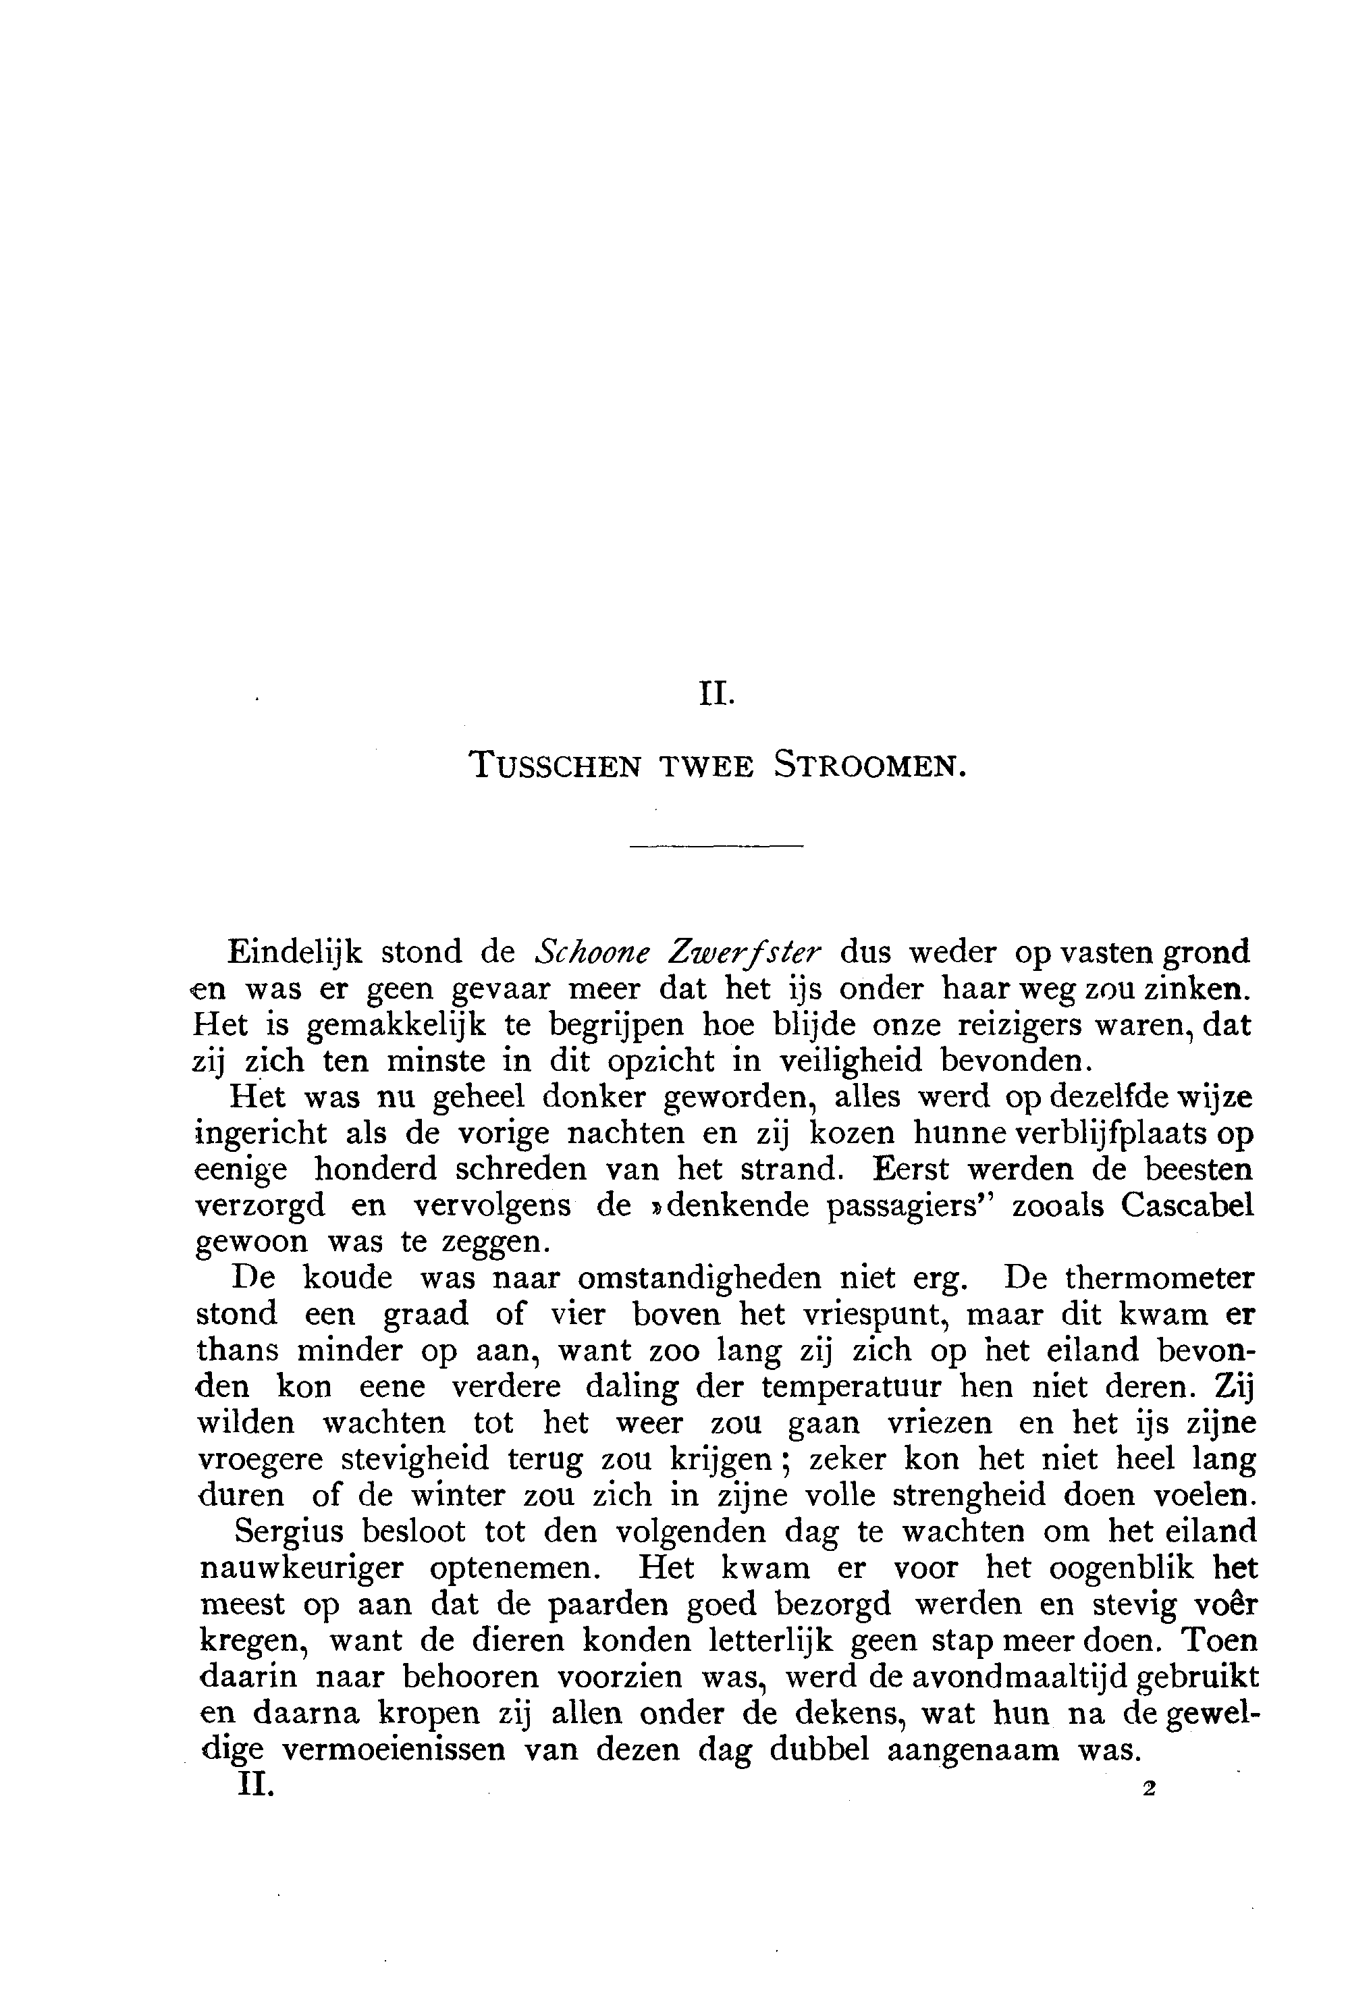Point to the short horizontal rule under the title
tap(716, 847)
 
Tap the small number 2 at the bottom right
tap(1150, 1789)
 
